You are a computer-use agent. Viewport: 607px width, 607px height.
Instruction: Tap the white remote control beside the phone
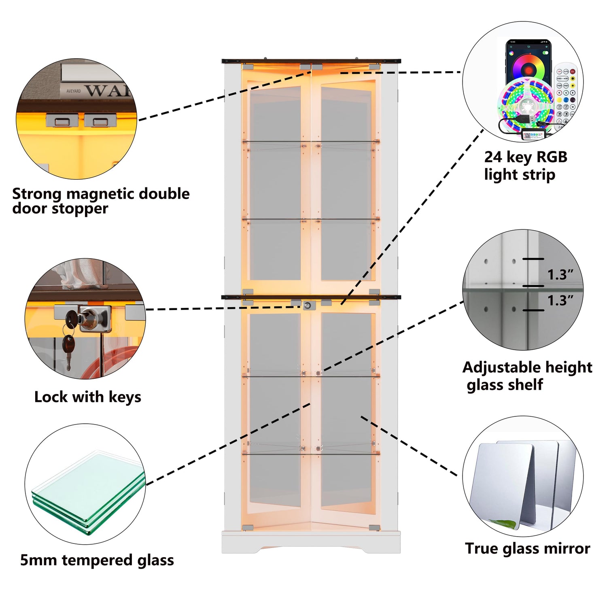(x=565, y=93)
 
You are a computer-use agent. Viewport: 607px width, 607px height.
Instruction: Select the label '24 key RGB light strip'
(x=525, y=166)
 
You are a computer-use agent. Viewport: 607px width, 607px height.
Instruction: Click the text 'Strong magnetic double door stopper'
(x=101, y=201)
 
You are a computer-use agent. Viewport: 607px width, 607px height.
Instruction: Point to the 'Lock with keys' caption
(x=88, y=397)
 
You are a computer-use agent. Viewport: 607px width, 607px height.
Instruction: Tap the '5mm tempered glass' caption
(x=97, y=560)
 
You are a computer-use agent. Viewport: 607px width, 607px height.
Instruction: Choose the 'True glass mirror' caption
(x=527, y=548)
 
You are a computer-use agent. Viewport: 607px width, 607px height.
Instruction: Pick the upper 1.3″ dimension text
(x=560, y=275)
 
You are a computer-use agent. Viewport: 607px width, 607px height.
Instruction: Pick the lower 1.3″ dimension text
(x=560, y=301)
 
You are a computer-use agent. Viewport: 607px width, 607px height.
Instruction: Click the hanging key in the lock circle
(x=68, y=348)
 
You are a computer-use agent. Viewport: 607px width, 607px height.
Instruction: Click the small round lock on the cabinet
(x=308, y=306)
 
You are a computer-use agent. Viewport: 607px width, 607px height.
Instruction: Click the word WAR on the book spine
(x=107, y=90)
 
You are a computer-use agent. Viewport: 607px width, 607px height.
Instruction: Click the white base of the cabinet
(x=311, y=542)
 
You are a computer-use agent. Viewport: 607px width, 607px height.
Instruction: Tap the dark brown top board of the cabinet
(x=311, y=62)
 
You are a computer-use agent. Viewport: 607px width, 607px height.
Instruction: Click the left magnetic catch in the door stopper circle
(x=62, y=120)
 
